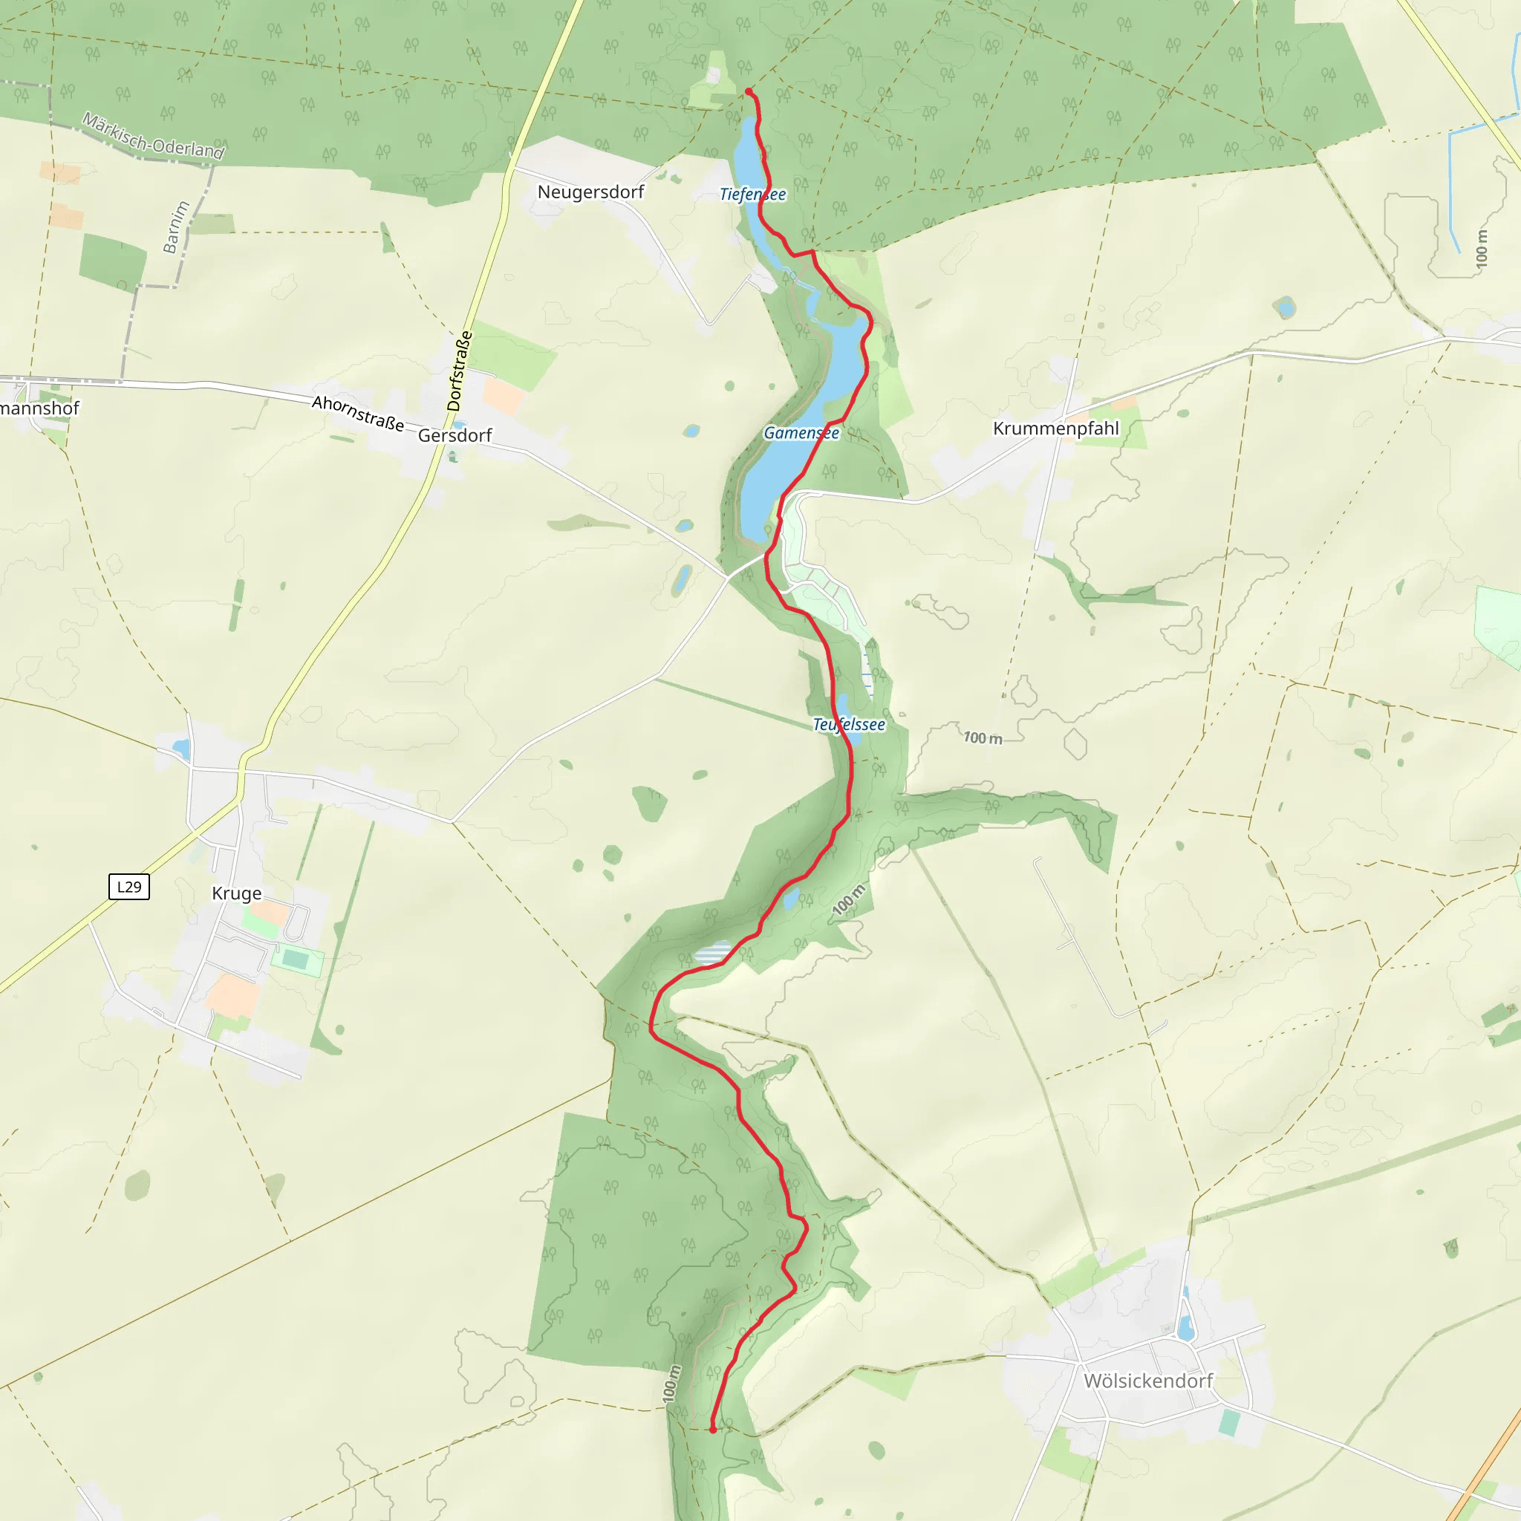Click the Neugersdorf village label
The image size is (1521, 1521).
tap(590, 192)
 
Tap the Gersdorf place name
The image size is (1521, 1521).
tap(455, 435)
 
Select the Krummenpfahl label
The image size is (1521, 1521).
tap(1056, 429)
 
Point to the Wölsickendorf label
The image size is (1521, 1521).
tap(1148, 1381)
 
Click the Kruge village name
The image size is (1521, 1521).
tap(236, 893)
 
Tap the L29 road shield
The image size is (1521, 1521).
tap(129, 887)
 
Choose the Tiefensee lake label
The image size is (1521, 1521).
tap(752, 195)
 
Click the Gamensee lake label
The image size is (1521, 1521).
tap(801, 433)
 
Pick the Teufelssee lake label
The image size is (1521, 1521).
tap(849, 724)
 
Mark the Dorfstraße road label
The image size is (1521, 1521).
tap(460, 371)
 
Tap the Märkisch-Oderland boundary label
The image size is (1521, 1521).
tap(154, 136)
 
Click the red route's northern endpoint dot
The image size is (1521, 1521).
tap(748, 92)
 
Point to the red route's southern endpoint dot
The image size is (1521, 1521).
tap(712, 1430)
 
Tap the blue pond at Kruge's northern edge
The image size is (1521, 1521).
tap(182, 748)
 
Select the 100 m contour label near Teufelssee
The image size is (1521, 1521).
tap(983, 737)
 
